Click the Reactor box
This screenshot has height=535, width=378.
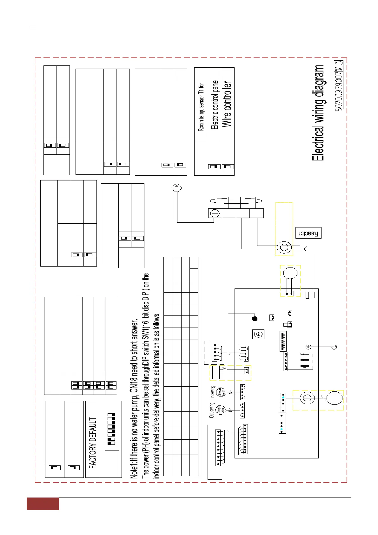point(308,233)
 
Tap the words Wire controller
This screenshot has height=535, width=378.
point(227,105)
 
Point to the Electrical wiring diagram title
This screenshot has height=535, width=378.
point(319,113)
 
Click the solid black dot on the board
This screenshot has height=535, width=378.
point(254,318)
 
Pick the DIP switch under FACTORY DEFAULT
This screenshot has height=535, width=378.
point(112,429)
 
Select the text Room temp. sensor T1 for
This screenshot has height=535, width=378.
point(201,107)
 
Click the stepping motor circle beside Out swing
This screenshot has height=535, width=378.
point(220,410)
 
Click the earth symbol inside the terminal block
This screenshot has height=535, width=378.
point(215,213)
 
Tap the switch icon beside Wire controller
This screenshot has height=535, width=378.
point(228,166)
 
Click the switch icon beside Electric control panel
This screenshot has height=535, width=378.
point(214,166)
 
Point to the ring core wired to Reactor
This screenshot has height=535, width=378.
point(284,247)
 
